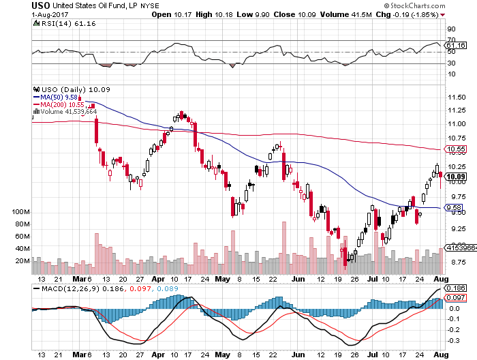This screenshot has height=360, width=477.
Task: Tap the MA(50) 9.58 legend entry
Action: (x=63, y=96)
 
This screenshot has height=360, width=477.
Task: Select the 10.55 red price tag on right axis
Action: (x=455, y=149)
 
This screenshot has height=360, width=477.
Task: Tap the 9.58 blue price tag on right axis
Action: (x=453, y=207)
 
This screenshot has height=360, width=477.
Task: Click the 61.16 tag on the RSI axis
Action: (x=455, y=45)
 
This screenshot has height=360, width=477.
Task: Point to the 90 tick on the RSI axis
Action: (x=450, y=29)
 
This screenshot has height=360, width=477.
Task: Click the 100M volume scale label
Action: (x=22, y=213)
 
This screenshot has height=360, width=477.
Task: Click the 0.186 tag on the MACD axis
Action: (x=455, y=289)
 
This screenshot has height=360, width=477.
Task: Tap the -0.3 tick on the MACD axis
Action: (x=452, y=341)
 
